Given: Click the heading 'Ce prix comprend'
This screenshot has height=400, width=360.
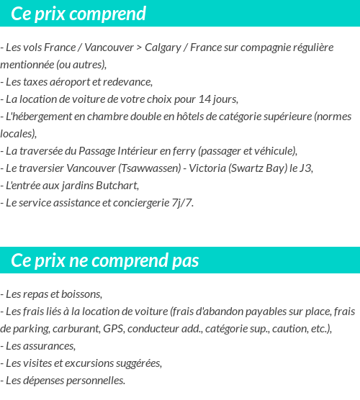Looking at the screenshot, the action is (x=78, y=14).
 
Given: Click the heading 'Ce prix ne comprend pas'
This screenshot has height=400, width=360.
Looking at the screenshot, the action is (x=105, y=260).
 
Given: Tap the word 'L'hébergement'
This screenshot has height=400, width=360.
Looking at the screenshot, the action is (x=36, y=117).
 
